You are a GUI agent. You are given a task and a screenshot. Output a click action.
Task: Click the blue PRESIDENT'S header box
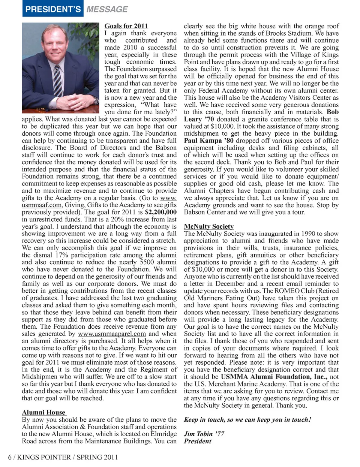[53, 9]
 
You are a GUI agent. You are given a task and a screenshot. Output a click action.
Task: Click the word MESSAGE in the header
[107, 9]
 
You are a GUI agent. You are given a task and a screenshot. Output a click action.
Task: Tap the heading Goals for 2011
[126, 26]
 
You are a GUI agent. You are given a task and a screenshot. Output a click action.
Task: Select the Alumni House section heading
[43, 412]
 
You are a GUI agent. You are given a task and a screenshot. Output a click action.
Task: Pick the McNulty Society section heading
[208, 226]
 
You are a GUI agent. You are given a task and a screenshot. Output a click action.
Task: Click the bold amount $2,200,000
[160, 212]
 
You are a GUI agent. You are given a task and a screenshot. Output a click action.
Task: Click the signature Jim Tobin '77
[204, 434]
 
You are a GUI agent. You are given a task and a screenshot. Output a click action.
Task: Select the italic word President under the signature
[198, 441]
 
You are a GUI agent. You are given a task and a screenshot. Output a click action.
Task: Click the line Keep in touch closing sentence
[247, 419]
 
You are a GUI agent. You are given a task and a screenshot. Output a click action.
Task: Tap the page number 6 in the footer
[10, 457]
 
